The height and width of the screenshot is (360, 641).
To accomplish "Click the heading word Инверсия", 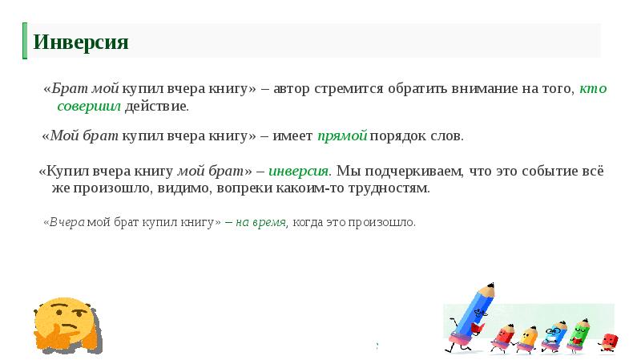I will coord(80,42).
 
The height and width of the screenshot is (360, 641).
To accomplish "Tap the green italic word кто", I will coord(593,89).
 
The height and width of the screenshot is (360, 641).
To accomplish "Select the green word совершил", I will coord(88,106).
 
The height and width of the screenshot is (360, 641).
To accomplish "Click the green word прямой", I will coord(342,136).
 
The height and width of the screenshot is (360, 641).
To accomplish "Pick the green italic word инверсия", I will coord(298,172).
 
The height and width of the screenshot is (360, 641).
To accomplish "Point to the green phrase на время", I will coord(260,222).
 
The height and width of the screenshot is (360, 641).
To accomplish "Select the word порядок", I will coord(399,136).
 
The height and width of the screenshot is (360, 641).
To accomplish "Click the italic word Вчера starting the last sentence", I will coord(67,222).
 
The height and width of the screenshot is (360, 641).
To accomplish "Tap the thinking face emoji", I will coord(65,326).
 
